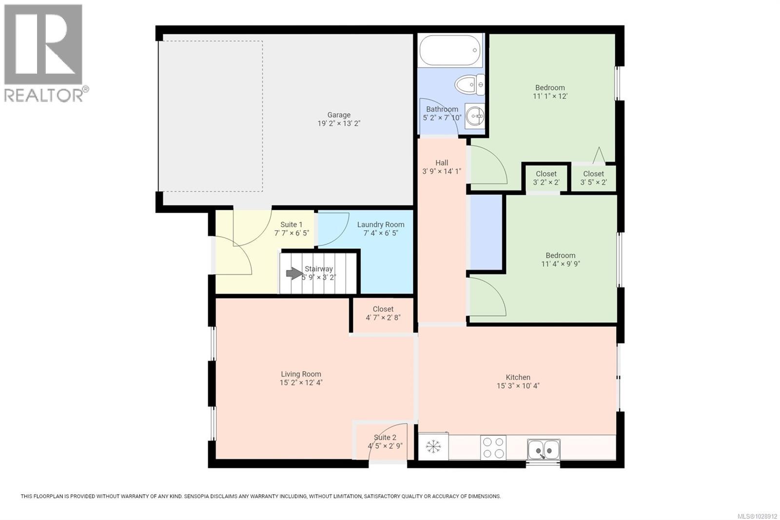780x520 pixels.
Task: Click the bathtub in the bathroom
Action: coord(449,50)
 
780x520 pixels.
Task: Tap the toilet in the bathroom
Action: coord(469,85)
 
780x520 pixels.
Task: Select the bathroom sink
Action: coord(474,116)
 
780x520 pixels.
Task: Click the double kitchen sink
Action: coord(544,449)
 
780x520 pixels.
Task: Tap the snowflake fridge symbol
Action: coord(433,446)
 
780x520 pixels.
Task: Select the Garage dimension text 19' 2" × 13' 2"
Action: coord(339,123)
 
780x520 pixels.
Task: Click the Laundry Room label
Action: coord(380,225)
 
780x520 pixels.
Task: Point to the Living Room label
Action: coord(301,374)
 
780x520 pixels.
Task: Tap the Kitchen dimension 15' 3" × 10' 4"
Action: coord(517,386)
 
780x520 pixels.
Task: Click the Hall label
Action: coord(442,163)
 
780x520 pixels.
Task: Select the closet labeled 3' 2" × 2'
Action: coord(546,178)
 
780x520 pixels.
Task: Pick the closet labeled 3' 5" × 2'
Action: coord(593,178)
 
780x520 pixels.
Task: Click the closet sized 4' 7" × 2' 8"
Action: coord(383,313)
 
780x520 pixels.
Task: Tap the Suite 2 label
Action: coord(385,438)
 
